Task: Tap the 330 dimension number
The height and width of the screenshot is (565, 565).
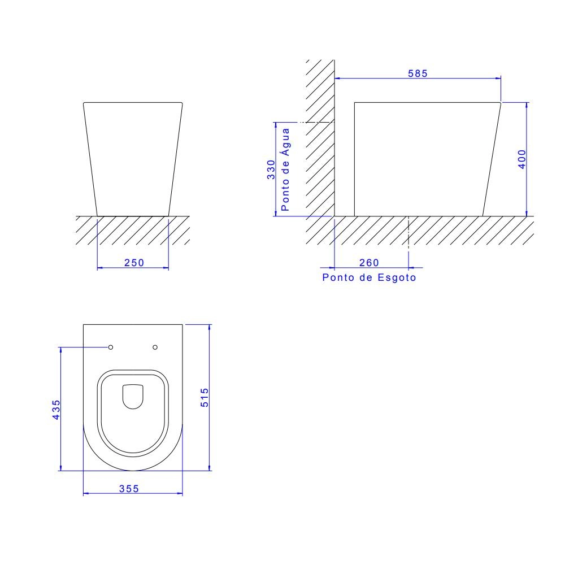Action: [272, 169]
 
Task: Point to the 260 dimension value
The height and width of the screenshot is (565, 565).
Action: [369, 263]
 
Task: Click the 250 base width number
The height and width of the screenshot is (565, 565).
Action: [133, 263]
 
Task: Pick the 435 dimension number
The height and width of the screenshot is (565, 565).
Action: [55, 410]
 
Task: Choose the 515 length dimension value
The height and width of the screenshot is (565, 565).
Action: [205, 397]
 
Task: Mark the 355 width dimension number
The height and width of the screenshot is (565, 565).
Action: [129, 489]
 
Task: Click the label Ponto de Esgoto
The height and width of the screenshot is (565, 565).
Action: [369, 277]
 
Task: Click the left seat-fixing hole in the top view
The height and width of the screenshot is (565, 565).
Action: [111, 347]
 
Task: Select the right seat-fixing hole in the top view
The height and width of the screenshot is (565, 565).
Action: [155, 347]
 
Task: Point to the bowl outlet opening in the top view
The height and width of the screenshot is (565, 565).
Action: [133, 396]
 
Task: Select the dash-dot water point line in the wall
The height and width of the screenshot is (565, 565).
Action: [316, 122]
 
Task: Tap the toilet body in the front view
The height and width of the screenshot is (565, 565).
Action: [133, 158]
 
